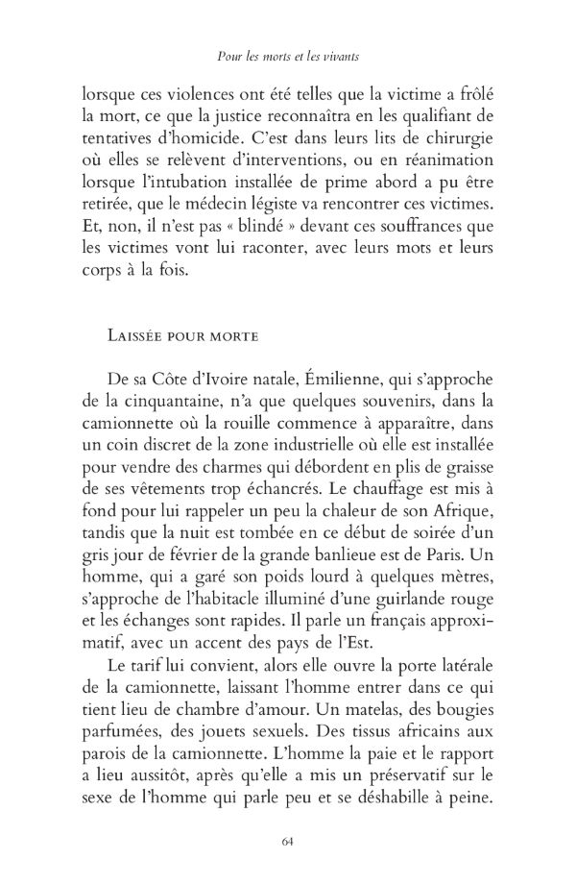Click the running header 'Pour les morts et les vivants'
pos(287,58)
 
